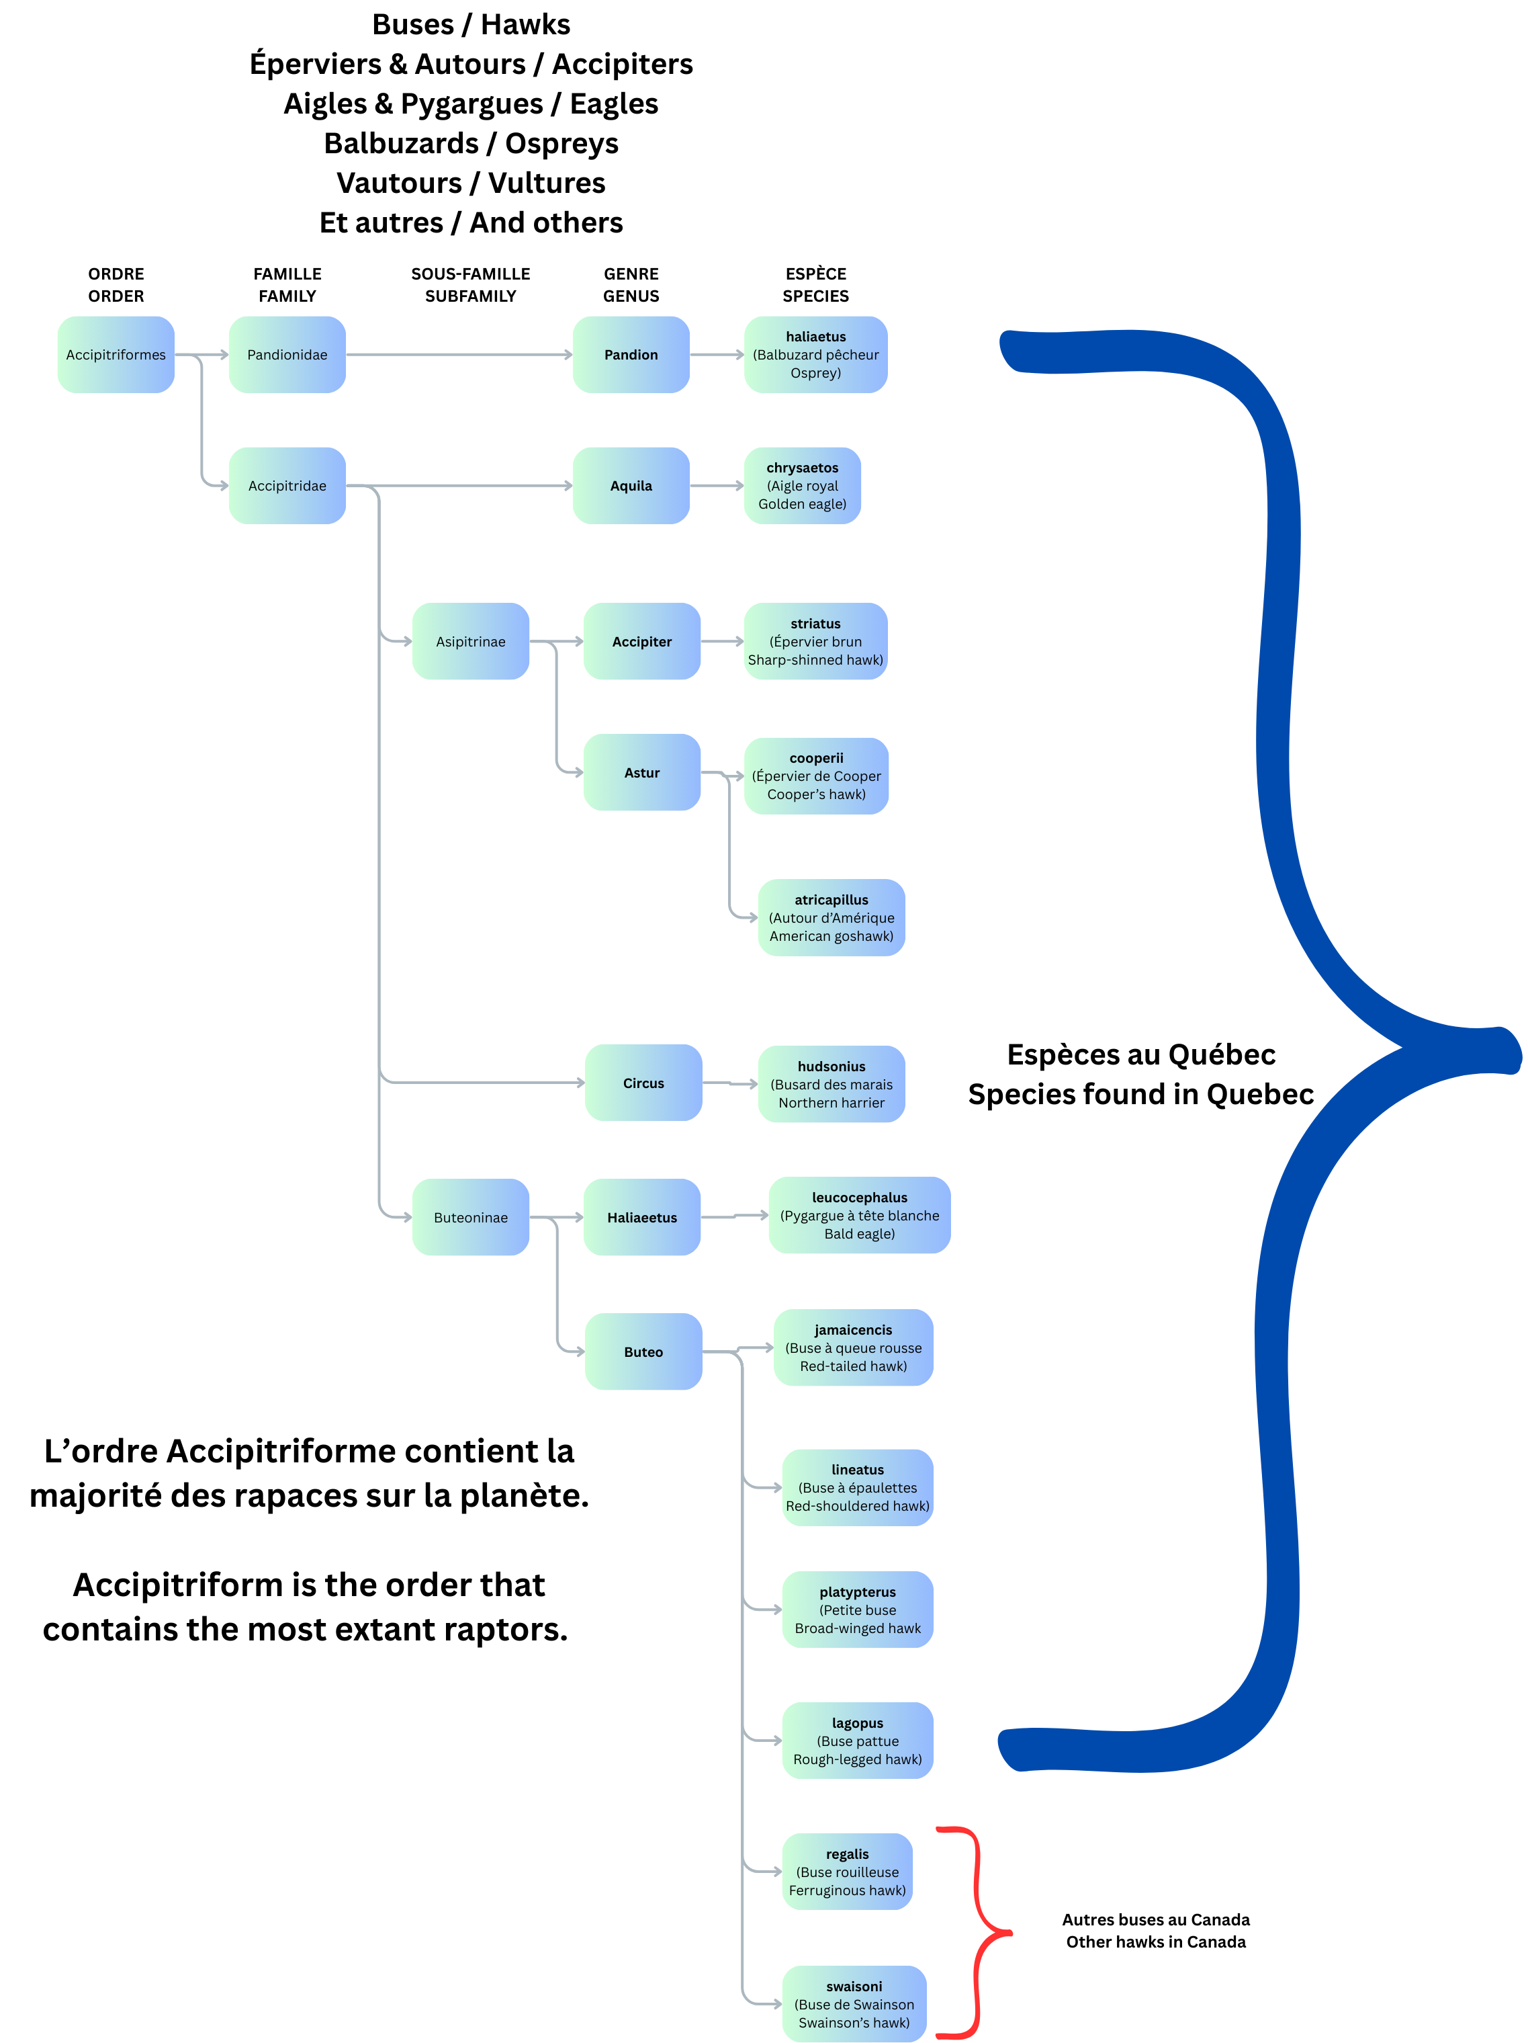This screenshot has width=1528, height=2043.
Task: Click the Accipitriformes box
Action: (x=116, y=355)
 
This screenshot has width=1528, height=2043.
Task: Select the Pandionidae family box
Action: (x=287, y=355)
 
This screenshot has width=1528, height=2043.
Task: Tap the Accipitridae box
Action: (x=287, y=486)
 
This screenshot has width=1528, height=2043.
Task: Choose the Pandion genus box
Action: (x=631, y=355)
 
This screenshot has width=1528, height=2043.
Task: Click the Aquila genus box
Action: (x=631, y=486)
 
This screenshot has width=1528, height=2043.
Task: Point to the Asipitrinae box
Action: (x=470, y=642)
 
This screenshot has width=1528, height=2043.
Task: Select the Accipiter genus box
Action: (x=641, y=642)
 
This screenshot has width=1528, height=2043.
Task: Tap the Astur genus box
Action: (x=641, y=773)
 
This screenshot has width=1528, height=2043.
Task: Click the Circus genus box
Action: (x=643, y=1083)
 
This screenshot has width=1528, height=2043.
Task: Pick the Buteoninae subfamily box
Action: (x=470, y=1217)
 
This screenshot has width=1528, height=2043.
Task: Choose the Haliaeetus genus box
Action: (x=641, y=1217)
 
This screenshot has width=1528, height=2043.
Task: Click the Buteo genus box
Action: (x=643, y=1352)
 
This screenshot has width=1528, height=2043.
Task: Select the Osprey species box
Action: (x=815, y=355)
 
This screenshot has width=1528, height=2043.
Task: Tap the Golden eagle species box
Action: (x=803, y=486)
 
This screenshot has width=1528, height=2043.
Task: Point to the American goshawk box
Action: (x=831, y=918)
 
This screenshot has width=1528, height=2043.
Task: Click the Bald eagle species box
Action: (x=860, y=1216)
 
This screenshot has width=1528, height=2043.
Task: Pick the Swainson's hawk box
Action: (x=854, y=2004)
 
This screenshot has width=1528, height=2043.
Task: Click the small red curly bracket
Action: (x=978, y=1932)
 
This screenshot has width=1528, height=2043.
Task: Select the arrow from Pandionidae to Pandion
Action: (x=459, y=355)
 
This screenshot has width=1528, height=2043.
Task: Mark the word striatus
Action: (x=815, y=624)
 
